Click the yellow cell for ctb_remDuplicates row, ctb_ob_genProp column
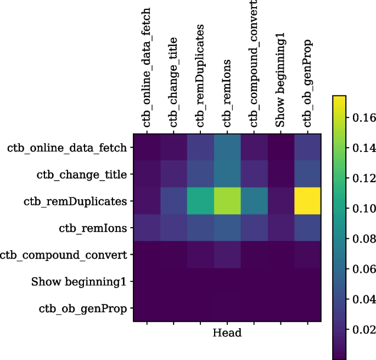tap(308, 201)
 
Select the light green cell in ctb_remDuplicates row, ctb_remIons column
tap(227, 201)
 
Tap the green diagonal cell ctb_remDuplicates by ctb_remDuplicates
tap(200, 201)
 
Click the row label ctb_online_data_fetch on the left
tap(68, 148)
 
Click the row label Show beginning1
tap(79, 282)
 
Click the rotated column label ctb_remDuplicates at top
tap(200, 75)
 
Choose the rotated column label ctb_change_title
tap(173, 82)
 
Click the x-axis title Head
tap(227, 333)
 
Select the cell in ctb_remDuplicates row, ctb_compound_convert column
tap(254, 201)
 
